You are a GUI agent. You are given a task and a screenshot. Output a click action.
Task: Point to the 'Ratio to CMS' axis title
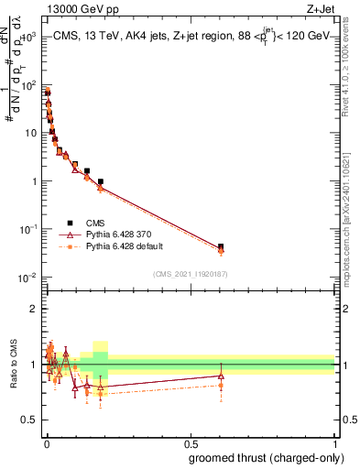(14, 365)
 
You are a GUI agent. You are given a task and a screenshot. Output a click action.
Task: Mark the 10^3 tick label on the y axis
(28, 38)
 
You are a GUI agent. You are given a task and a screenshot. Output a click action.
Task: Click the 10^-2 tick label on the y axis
(28, 277)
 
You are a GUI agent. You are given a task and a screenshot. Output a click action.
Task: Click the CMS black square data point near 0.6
(221, 247)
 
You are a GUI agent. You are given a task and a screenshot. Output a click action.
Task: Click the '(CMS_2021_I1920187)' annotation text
(190, 274)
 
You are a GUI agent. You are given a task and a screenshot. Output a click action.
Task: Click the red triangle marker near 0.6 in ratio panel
(221, 376)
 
